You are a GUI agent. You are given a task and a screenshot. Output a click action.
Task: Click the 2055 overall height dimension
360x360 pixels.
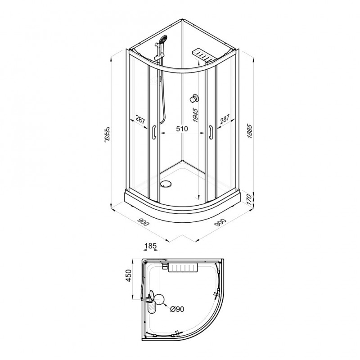point(107,137)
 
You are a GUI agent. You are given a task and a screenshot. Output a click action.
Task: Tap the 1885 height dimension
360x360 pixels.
point(250,131)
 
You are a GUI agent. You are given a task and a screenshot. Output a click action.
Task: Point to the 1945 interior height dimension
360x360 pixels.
point(195,115)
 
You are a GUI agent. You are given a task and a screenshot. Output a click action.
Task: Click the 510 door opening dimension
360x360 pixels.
point(182,129)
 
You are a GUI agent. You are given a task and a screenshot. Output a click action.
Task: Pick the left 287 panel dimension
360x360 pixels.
point(140,120)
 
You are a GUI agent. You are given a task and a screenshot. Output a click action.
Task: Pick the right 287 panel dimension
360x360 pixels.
point(225,120)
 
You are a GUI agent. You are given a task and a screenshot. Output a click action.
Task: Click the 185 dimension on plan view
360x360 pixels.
point(150,246)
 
